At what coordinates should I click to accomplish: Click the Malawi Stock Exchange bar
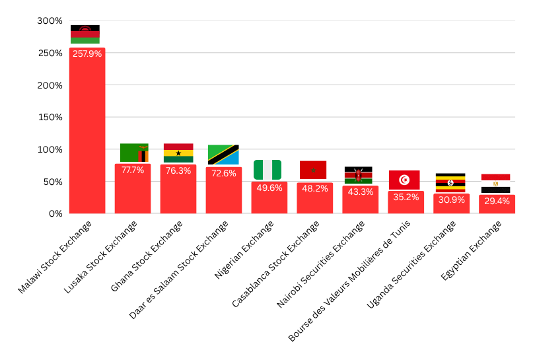click(87, 132)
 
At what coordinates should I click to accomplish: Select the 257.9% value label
click(87, 54)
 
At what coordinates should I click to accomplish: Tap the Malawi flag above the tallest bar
click(85, 34)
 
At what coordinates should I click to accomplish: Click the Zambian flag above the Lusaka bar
click(134, 153)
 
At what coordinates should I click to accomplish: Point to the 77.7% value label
click(133, 170)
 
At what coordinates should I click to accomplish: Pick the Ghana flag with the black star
click(178, 153)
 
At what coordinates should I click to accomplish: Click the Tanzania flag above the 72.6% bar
click(223, 155)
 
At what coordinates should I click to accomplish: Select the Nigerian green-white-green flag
click(267, 170)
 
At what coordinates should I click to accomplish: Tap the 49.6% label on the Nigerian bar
click(269, 188)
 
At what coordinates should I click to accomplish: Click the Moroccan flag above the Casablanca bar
click(313, 170)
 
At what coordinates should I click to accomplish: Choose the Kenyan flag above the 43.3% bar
click(359, 175)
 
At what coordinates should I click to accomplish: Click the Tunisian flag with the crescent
click(404, 180)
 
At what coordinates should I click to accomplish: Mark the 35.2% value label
click(406, 197)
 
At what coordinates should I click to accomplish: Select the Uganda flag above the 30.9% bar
click(450, 182)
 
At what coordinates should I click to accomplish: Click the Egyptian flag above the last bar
click(495, 183)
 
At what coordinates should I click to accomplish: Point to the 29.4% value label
click(497, 201)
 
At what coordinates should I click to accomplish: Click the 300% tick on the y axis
click(50, 21)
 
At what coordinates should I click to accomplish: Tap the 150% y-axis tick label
click(50, 118)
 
